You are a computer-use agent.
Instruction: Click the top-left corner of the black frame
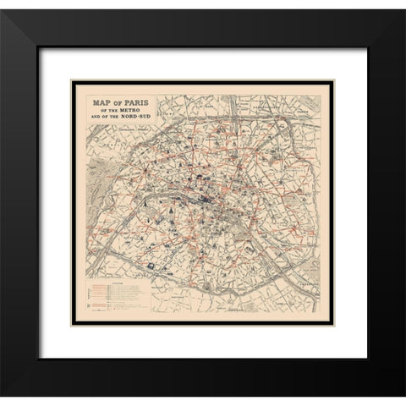click(x=12, y=12)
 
